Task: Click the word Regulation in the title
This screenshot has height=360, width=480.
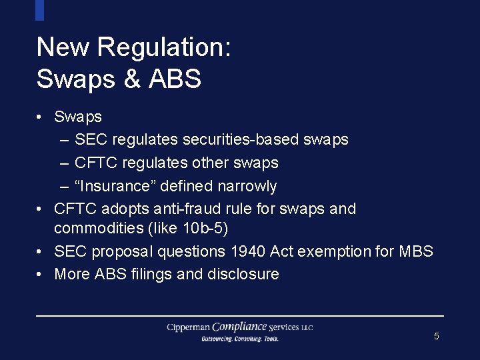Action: point(163,48)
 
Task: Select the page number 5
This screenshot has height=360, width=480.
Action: point(437,336)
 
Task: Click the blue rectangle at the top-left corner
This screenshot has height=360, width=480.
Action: point(39,9)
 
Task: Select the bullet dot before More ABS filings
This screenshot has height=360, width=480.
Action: point(41,274)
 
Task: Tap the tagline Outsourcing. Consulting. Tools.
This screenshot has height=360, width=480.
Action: point(240,339)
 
